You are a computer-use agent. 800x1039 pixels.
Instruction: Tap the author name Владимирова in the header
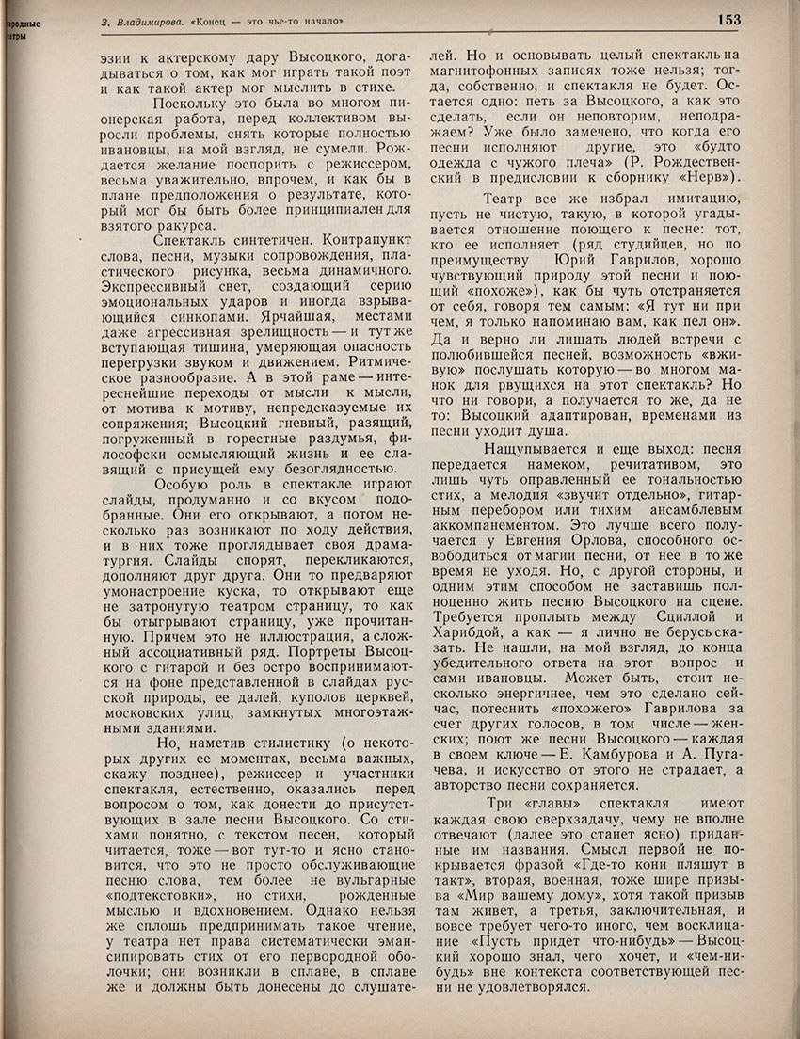[148, 19]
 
